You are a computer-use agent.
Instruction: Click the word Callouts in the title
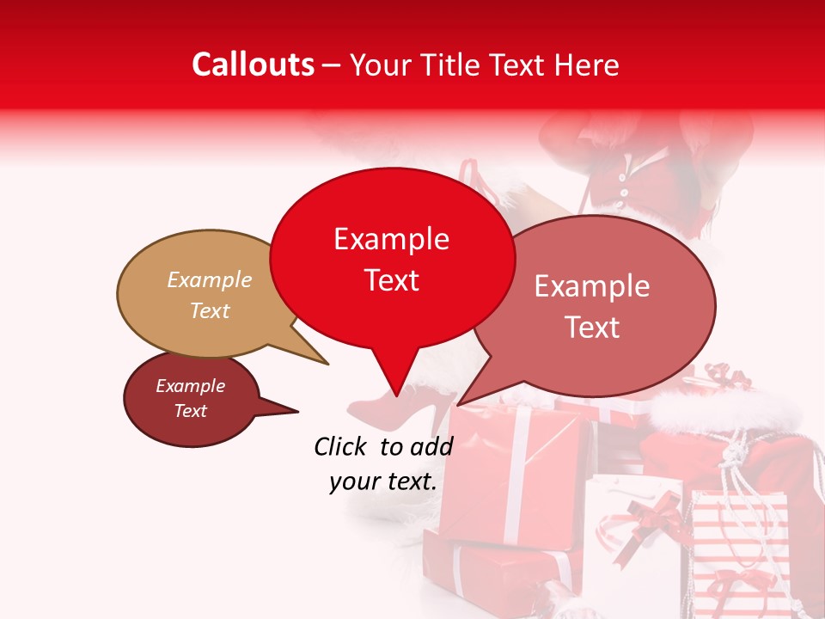point(253,64)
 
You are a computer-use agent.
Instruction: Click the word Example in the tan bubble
point(210,280)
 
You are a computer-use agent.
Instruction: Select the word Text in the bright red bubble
point(392,280)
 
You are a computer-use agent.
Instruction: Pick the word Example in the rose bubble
point(592,286)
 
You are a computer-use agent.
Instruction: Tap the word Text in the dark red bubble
point(191,411)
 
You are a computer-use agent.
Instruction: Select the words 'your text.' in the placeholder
point(383,481)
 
